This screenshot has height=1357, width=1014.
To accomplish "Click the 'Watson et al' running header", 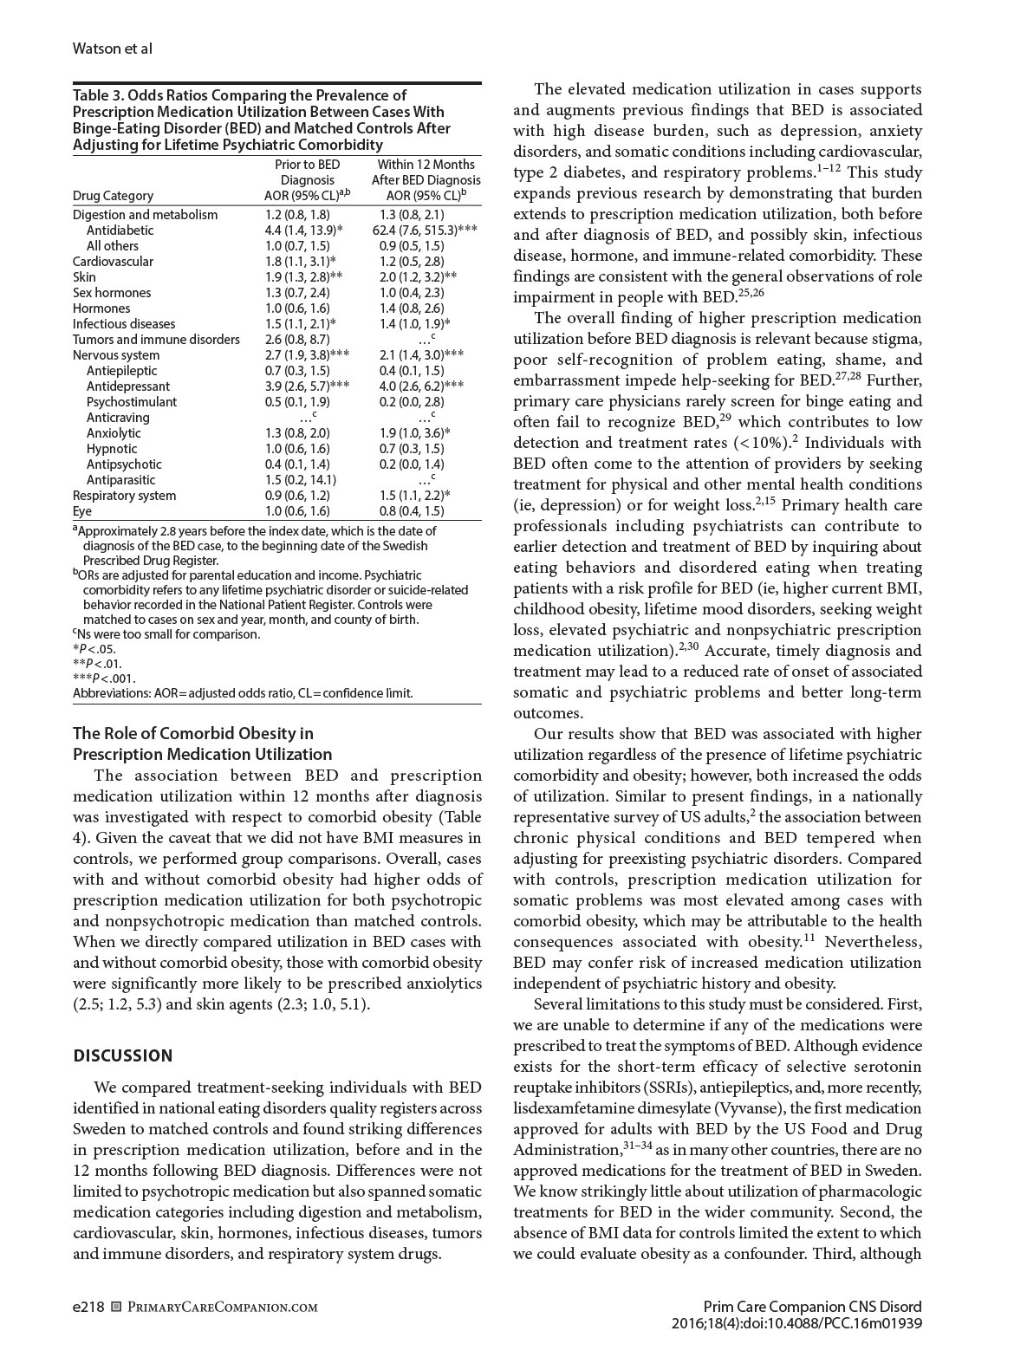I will pos(112,49).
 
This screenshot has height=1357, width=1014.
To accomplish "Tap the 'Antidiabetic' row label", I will pos(120,230).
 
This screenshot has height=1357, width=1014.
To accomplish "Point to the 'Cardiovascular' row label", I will pos(113,262).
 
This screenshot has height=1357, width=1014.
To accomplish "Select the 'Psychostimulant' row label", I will pos(132,402).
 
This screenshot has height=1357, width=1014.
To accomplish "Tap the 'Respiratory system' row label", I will pos(124,496).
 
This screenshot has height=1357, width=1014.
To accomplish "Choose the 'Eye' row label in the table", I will pos(82,511).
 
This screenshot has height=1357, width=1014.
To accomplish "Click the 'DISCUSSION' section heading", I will pos(123,1055).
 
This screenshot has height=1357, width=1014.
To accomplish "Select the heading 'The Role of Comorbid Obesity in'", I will pos(192,734).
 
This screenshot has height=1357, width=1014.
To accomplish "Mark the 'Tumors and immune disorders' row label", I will pos(156,340).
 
